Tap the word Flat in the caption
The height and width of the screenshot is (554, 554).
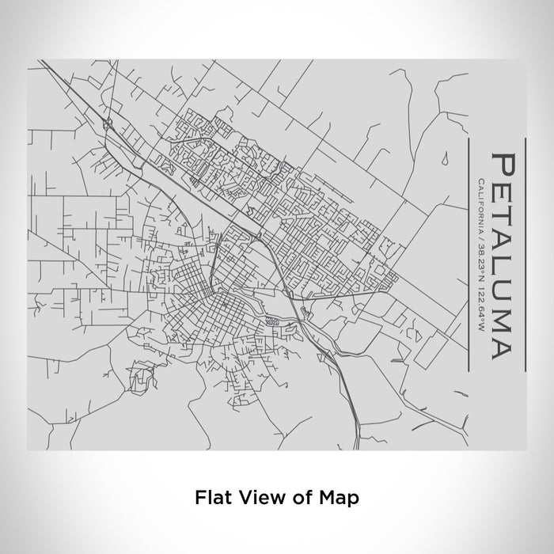coord(211,498)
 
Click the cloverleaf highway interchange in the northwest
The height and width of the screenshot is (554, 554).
coord(108,123)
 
